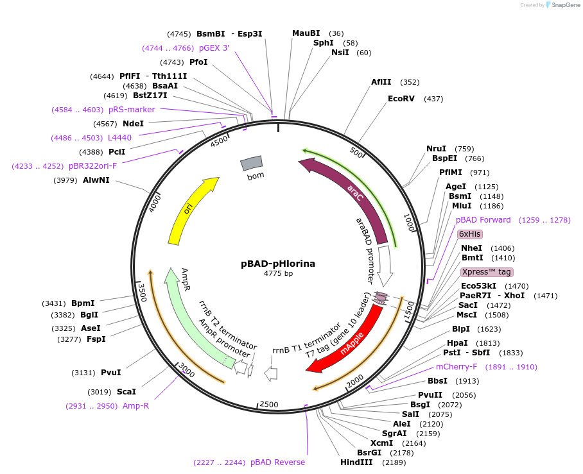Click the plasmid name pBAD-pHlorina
(x=278, y=263)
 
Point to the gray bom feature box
(x=252, y=164)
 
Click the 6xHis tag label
(x=469, y=234)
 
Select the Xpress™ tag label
(x=487, y=272)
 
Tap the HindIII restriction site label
(x=357, y=462)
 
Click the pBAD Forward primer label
(x=483, y=220)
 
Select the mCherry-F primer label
(x=457, y=367)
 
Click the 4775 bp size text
(x=278, y=273)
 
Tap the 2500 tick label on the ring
(x=268, y=404)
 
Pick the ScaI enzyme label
(x=126, y=391)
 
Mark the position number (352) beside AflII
(x=409, y=82)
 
